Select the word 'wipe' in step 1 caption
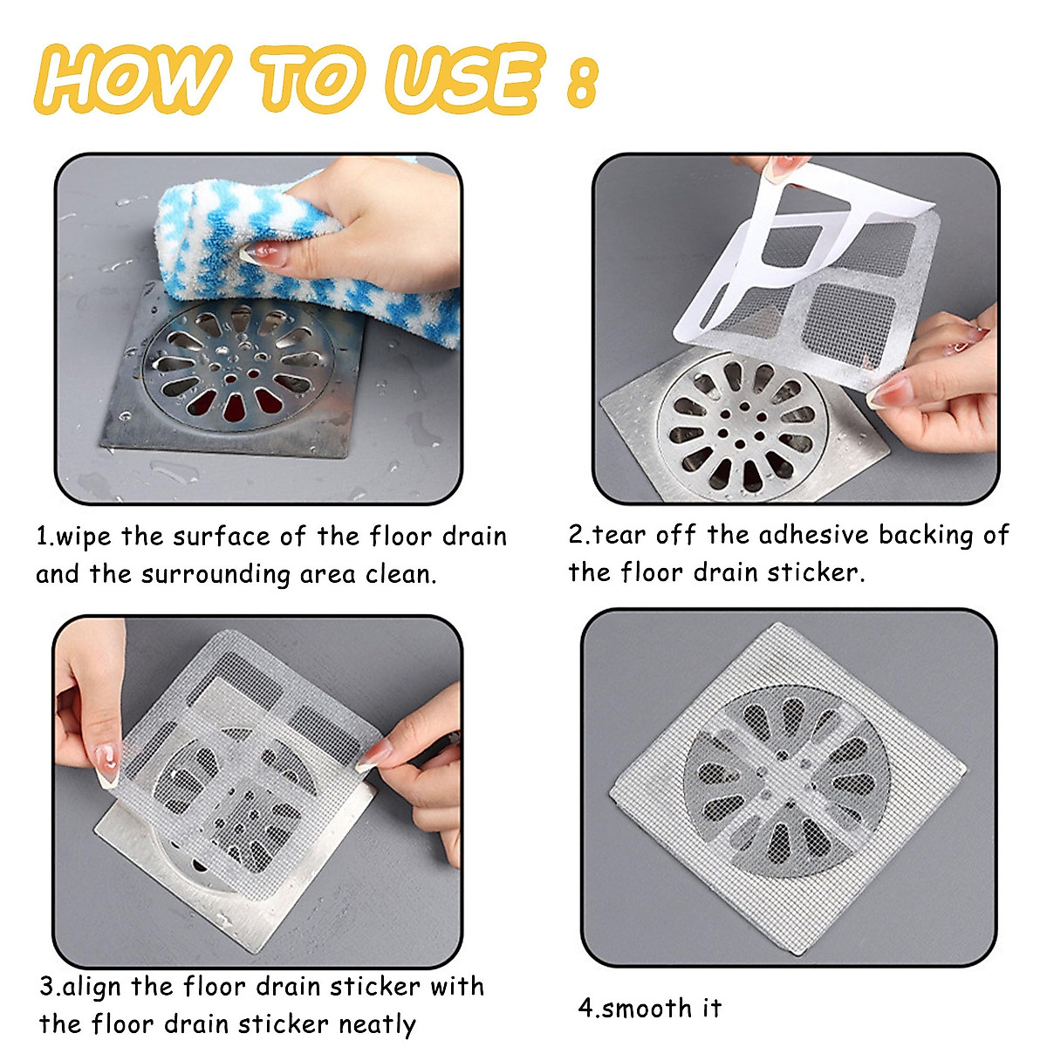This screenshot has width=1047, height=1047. [86, 536]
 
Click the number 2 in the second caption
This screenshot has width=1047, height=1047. [576, 535]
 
